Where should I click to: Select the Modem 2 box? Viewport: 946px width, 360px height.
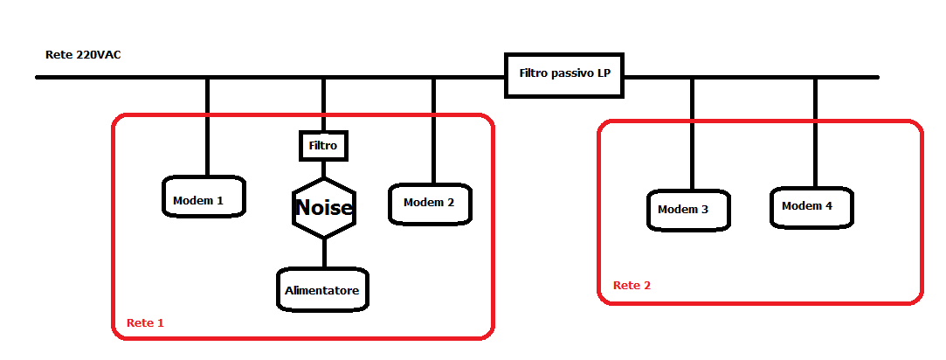pos(429,203)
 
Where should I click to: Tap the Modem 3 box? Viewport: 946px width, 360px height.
pos(688,210)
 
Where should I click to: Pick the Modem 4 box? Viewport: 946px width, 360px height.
pos(811,206)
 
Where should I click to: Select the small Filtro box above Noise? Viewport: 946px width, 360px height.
pos(323,144)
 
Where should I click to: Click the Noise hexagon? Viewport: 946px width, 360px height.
pos(323,208)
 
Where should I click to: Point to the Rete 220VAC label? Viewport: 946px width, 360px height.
pos(83,55)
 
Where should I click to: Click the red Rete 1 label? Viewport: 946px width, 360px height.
pos(145,322)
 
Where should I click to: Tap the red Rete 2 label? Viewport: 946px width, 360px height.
pos(632,286)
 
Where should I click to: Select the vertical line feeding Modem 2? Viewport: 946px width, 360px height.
pos(432,131)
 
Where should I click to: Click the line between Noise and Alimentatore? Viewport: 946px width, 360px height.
pos(324,253)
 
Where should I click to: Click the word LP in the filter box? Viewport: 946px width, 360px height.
pos(604,74)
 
